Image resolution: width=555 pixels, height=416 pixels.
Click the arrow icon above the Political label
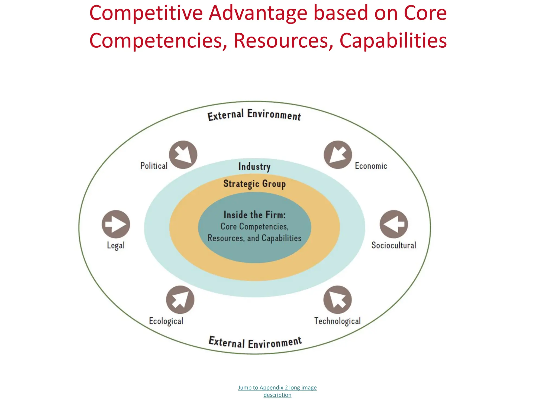[183, 155]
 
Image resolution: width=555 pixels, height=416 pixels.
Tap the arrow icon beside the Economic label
[338, 155]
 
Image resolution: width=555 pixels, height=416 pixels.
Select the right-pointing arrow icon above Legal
[116, 224]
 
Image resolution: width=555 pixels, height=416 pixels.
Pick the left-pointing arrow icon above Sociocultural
[393, 224]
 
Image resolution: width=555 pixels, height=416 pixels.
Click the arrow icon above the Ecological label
[180, 300]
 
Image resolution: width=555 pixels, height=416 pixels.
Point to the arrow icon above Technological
[337, 300]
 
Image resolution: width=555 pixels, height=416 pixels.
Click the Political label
[154, 166]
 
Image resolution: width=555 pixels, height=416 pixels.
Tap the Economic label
[371, 166]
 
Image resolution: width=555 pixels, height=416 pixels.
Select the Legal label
[116, 245]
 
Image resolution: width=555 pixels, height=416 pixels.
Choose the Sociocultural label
[393, 245]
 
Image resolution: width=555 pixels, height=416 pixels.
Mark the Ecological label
[166, 321]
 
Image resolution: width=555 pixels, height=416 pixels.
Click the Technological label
[337, 321]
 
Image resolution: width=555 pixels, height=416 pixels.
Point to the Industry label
[254, 167]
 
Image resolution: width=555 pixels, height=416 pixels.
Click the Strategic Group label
[254, 184]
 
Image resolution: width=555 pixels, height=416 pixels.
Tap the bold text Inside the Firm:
[254, 215]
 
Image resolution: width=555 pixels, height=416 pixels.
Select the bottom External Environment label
[255, 343]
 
